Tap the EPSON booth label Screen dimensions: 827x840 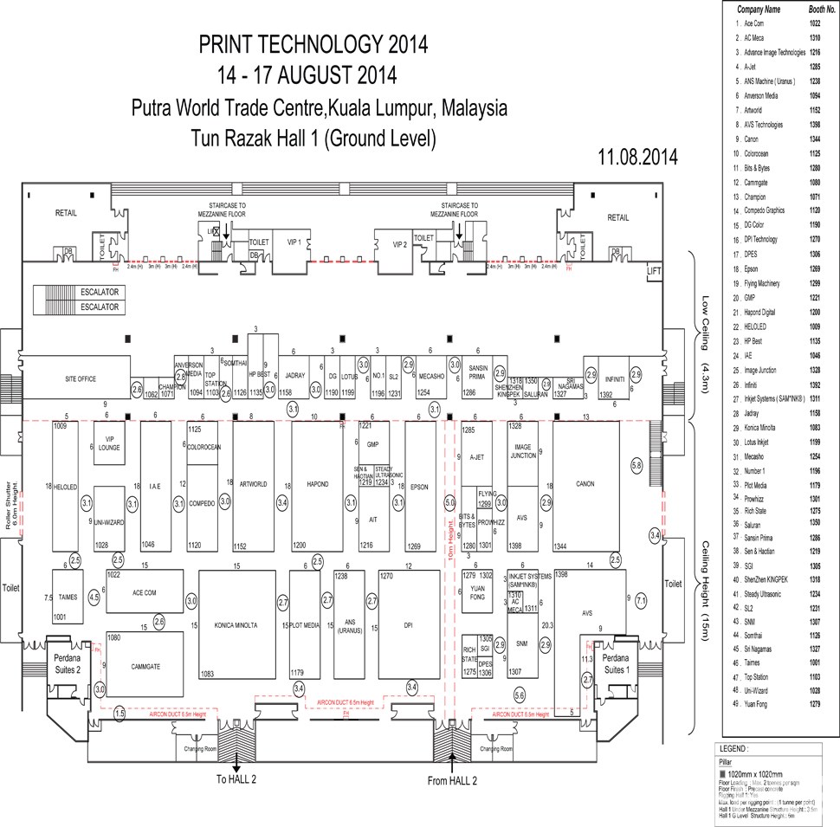point(419,486)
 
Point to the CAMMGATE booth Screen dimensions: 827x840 point(145,666)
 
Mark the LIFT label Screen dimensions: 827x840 point(653,271)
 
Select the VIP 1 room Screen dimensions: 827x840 point(294,243)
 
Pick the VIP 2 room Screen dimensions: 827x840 point(399,245)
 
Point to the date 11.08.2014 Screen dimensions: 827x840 point(637,157)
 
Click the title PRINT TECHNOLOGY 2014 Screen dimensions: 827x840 point(313,44)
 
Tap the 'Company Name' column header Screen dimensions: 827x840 point(759,10)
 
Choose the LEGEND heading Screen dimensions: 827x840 point(736,748)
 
